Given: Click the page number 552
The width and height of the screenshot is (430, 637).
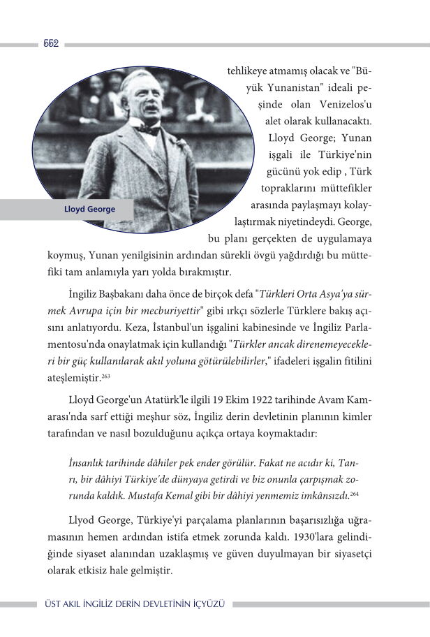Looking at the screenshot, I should pyautogui.click(x=50, y=43).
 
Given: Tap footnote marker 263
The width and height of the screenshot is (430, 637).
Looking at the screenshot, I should pyautogui.click(x=106, y=376).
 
